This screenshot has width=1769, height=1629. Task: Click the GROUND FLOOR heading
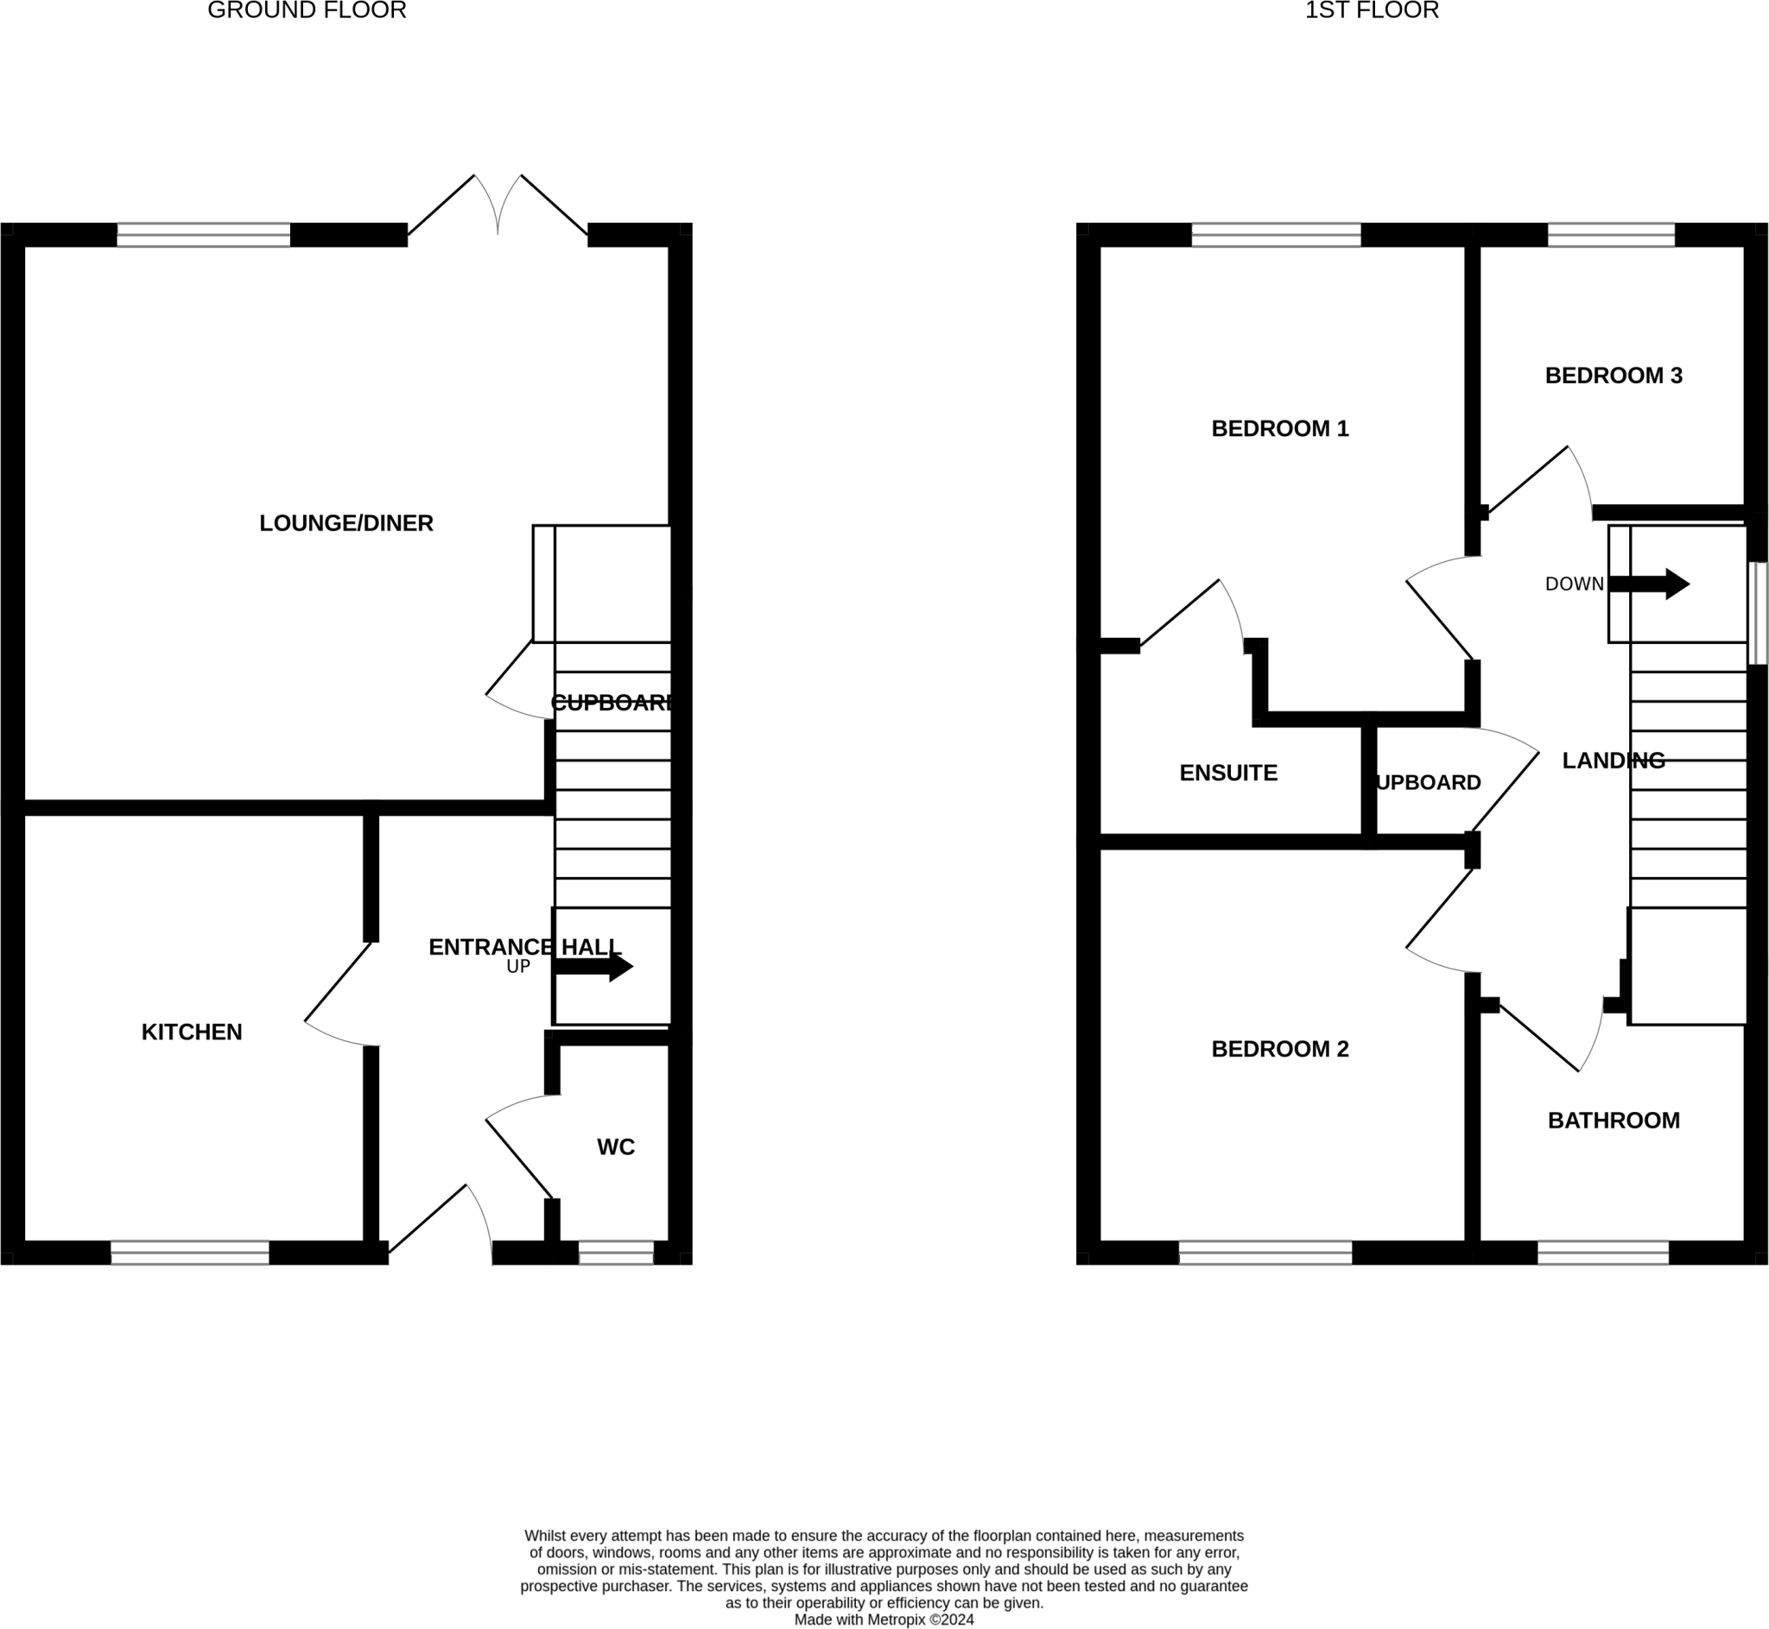point(307,10)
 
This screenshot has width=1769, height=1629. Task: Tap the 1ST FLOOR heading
point(1372,10)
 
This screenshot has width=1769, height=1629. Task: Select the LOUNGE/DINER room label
point(346,524)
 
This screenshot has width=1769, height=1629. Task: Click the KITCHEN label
point(192,1032)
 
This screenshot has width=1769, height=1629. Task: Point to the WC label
point(616,1146)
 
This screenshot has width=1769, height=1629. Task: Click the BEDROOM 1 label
point(1279,429)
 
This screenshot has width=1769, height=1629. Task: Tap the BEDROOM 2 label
point(1279,1049)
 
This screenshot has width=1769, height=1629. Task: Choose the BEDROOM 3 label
point(1613,376)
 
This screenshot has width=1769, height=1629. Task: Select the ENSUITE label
point(1227,773)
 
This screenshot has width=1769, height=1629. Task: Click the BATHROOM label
point(1613,1121)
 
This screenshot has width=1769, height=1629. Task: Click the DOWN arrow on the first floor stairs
point(1649,584)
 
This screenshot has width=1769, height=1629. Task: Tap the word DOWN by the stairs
point(1574,584)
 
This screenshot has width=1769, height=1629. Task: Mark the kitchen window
point(190,1253)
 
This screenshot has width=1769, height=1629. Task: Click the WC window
point(616,1253)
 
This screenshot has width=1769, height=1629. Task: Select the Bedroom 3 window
point(1610,235)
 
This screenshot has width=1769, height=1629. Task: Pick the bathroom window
point(1602,1253)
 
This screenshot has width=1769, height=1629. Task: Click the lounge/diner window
point(203,235)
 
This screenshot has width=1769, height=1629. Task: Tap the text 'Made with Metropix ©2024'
point(884,1620)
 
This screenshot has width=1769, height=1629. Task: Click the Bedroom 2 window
point(1265,1253)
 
